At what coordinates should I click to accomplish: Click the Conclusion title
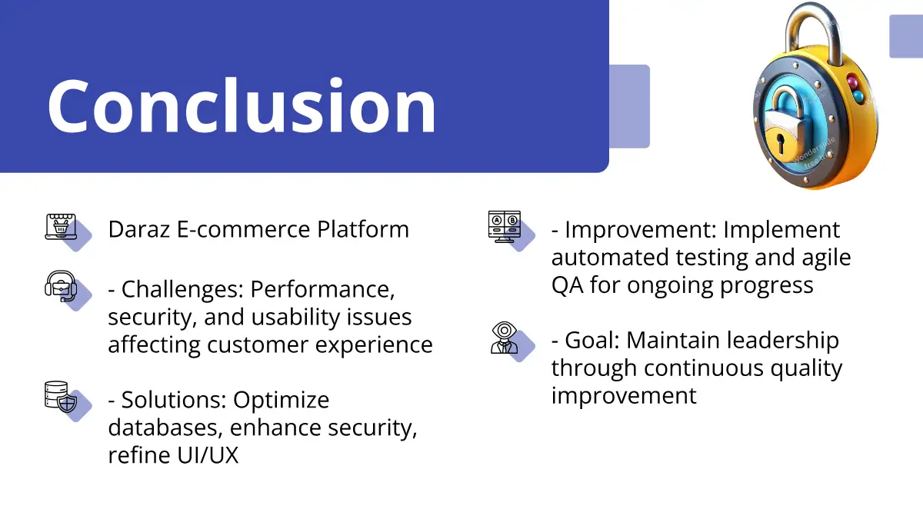point(242,105)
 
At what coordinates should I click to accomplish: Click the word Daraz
point(139,229)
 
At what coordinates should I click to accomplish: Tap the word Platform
point(362,229)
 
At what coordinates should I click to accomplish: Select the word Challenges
point(182,290)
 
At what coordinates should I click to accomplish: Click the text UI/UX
point(208,455)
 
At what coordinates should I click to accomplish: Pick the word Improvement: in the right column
point(640,229)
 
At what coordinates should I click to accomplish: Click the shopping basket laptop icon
point(61,226)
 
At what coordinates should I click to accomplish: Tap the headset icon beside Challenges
point(61,286)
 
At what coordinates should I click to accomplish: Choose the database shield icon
point(61,397)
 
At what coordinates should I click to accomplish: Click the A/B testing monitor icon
point(505,227)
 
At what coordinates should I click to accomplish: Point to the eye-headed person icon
point(505,338)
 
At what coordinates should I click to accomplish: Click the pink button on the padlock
point(851,82)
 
